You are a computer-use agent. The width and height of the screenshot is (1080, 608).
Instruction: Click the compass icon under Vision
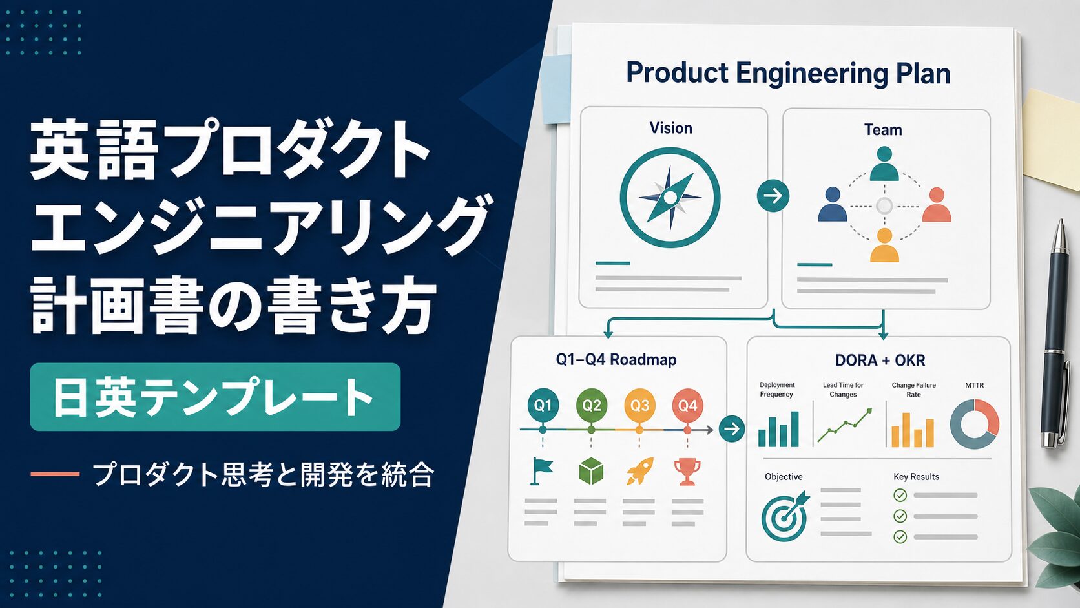pyautogui.click(x=670, y=197)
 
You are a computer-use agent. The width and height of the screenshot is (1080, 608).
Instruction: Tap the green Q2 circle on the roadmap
pyautogui.click(x=591, y=404)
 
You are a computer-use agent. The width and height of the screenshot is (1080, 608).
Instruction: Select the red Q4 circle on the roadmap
pyautogui.click(x=687, y=404)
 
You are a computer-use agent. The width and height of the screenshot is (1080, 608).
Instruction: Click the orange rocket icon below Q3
pyautogui.click(x=640, y=470)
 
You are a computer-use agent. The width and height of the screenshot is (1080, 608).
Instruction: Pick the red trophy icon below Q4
pyautogui.click(x=687, y=471)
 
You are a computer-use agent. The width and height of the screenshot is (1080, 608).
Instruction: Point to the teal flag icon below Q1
pyautogui.click(x=541, y=471)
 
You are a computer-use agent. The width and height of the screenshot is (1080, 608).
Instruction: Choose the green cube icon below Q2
pyautogui.click(x=591, y=471)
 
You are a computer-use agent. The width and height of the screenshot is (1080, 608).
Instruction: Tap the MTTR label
pyautogui.click(x=975, y=385)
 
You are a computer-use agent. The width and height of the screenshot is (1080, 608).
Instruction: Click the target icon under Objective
pyautogui.click(x=785, y=516)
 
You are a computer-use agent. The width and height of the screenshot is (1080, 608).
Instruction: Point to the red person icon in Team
pyautogui.click(x=937, y=204)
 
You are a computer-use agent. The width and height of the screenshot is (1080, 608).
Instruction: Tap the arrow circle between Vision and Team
pyautogui.click(x=773, y=196)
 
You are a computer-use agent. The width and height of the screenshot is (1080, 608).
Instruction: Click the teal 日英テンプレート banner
pyautogui.click(x=215, y=397)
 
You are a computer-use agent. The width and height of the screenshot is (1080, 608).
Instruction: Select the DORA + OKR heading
pyautogui.click(x=880, y=360)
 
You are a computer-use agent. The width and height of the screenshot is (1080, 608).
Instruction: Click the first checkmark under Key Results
pyautogui.click(x=900, y=495)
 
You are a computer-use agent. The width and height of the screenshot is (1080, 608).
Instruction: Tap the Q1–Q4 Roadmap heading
pyautogui.click(x=616, y=360)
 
